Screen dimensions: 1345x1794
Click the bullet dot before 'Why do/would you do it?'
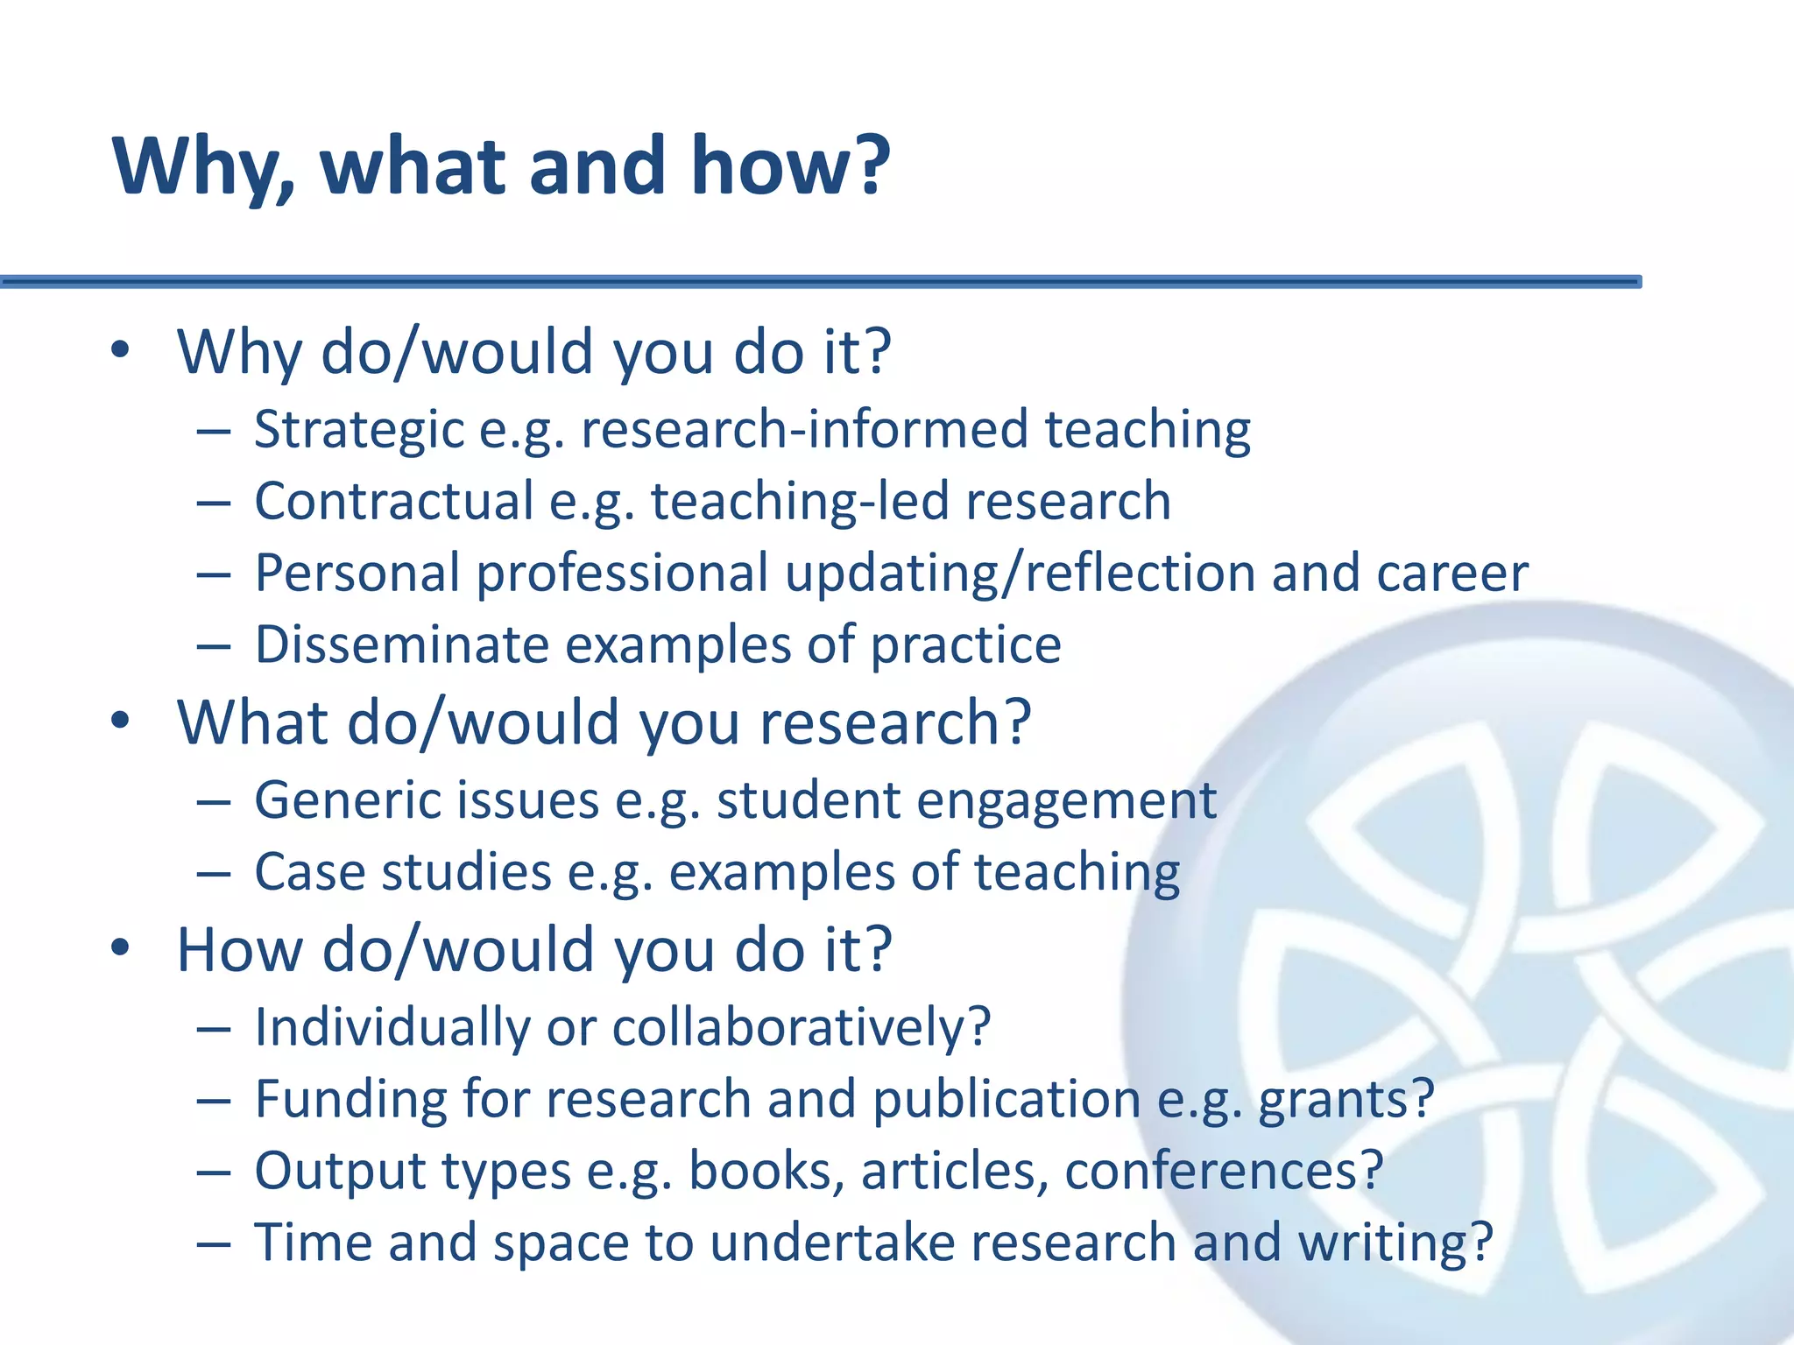120,350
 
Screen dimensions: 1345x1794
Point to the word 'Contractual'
393,502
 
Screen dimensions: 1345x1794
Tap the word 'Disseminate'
401,645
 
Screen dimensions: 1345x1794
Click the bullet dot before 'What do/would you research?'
120,721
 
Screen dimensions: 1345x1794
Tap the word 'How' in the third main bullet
239,949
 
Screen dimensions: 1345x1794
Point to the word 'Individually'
392,1027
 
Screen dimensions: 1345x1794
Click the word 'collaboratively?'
801,1027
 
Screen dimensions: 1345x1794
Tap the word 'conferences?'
1223,1171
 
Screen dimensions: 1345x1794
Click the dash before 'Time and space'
214,1243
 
